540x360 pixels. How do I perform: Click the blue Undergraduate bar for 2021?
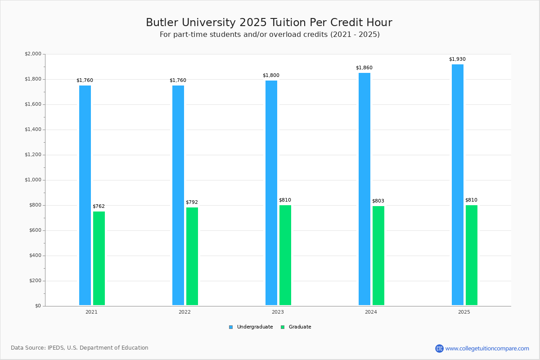pos(85,195)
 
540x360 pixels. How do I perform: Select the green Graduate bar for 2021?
pos(99,258)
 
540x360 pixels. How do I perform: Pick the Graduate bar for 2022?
pos(192,256)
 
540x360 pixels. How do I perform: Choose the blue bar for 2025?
pos(458,184)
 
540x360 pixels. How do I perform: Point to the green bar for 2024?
pos(378,256)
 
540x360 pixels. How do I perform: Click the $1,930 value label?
pos(457,59)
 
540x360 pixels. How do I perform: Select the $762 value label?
pos(99,207)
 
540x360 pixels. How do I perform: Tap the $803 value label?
pos(378,201)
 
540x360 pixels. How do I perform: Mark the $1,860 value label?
pos(364,68)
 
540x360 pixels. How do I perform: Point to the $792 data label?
pos(192,202)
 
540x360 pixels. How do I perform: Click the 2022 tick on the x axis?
pos(184,312)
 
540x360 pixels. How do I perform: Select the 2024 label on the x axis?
pos(371,312)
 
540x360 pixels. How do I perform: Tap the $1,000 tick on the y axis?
pos(33,180)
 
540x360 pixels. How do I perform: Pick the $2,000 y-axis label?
pos(33,54)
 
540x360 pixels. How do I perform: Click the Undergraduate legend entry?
pos(251,327)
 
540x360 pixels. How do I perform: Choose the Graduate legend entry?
pos(296,327)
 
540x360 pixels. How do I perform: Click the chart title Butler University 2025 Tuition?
pos(269,22)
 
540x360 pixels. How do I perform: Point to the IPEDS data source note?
pos(80,348)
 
